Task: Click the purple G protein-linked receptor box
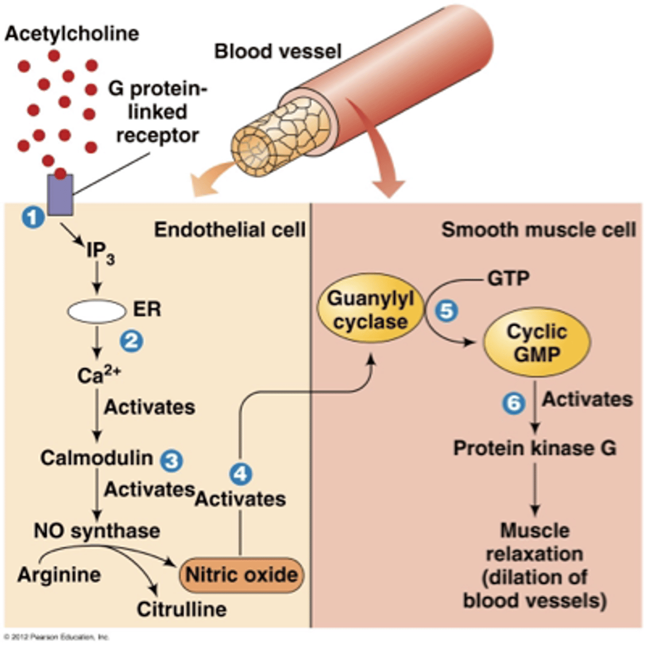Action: coord(60,195)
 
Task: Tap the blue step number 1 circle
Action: coord(33,217)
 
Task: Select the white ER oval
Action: coord(96,311)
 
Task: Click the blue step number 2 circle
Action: coord(132,341)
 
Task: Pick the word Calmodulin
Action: coord(97,458)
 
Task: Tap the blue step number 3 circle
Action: coord(172,460)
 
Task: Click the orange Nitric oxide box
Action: coord(241,575)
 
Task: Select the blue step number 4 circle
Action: coord(240,474)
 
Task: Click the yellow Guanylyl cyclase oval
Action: coord(370,310)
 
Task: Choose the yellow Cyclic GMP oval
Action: coord(536,343)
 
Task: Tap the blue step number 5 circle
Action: coord(446,311)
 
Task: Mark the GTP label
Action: coord(508,278)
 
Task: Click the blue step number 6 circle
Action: coord(514,403)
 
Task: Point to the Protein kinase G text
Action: coord(534,448)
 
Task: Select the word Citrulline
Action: coord(181,609)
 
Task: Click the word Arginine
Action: coord(59,574)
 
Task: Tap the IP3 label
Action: coord(100,252)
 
